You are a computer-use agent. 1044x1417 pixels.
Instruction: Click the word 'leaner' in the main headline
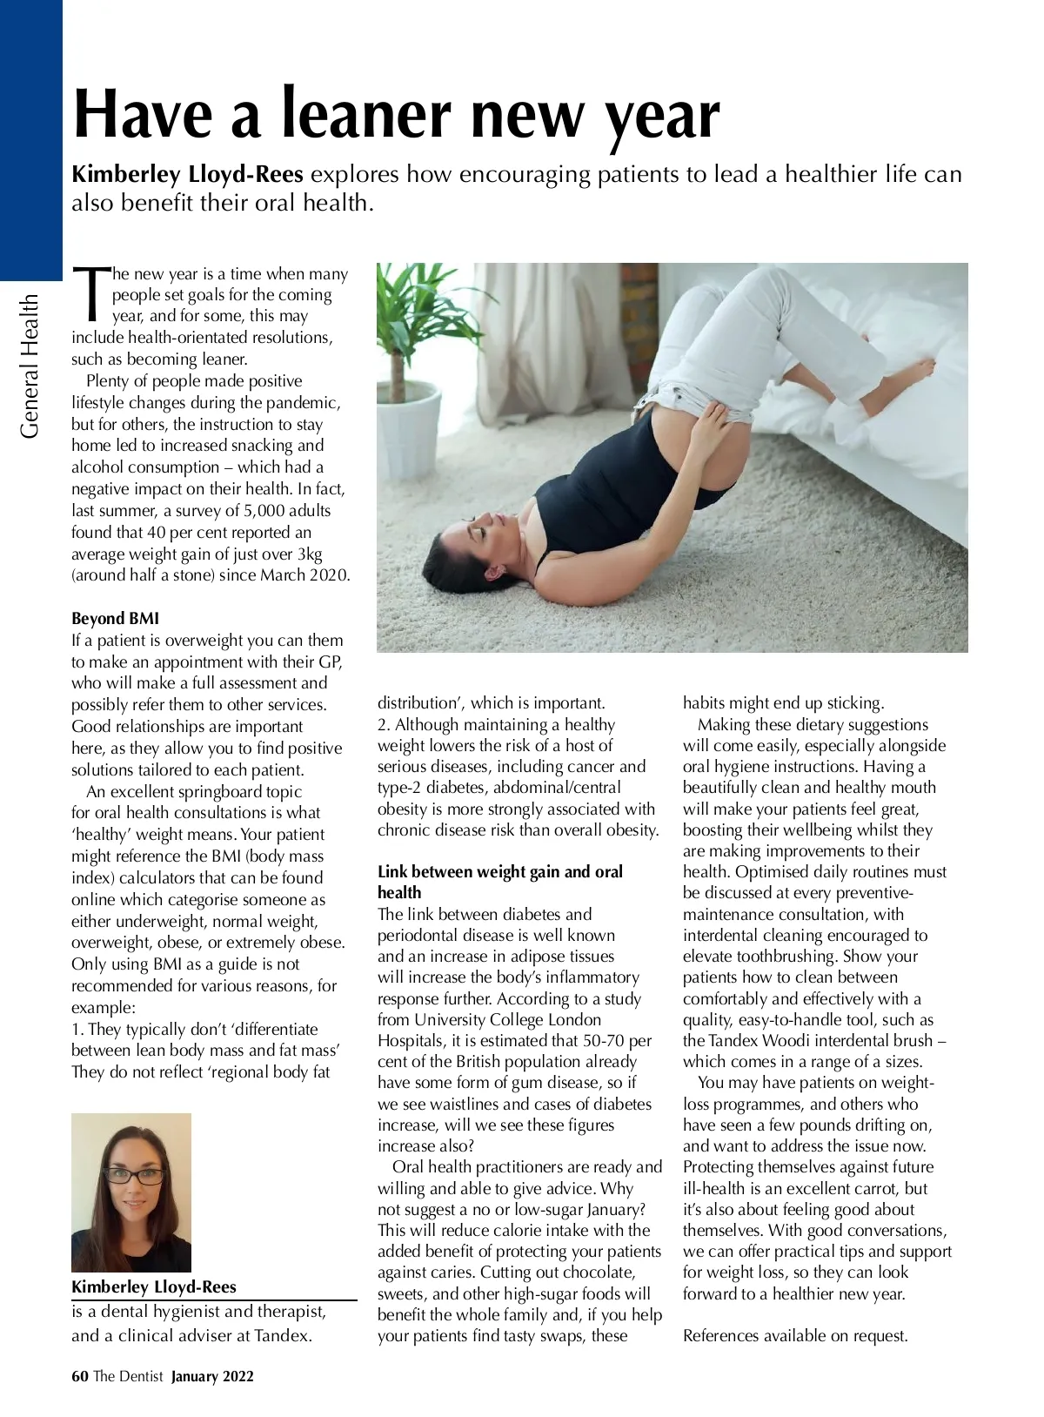click(365, 115)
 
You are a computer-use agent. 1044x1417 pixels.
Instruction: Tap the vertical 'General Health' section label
click(30, 366)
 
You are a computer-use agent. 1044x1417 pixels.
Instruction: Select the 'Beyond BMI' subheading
click(115, 619)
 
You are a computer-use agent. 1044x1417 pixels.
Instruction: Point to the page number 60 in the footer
click(80, 1376)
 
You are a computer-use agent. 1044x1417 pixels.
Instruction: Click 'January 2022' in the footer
click(212, 1376)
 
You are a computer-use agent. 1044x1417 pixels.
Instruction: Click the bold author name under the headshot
click(153, 1287)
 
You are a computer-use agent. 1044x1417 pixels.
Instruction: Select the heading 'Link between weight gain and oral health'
click(500, 882)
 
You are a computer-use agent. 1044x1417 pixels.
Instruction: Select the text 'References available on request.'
click(795, 1336)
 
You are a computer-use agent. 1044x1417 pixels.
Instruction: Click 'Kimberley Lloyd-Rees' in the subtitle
click(187, 175)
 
